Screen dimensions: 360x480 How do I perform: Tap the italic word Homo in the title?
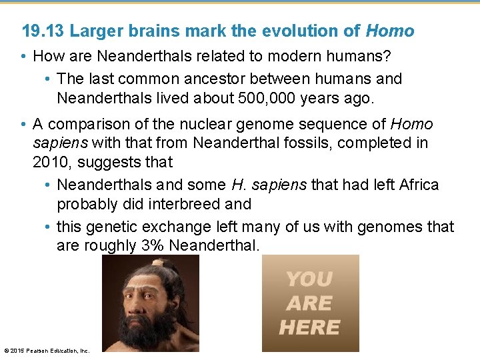click(x=390, y=31)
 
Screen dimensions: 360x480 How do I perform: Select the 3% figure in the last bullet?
click(x=153, y=245)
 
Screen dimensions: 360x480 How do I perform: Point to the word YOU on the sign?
click(x=309, y=279)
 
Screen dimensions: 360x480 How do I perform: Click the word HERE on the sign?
click(x=309, y=328)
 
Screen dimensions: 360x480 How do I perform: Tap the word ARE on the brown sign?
click(x=309, y=304)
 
